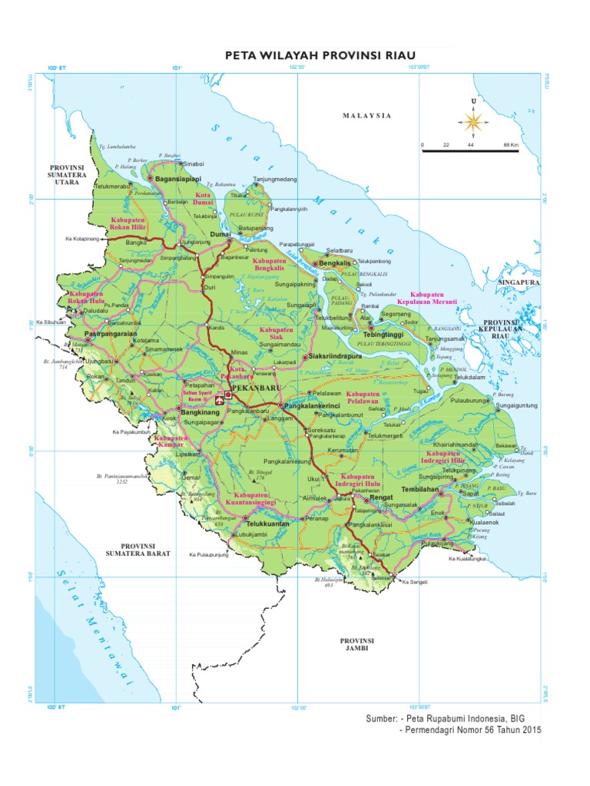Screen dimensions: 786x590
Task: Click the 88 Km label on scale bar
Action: (510, 144)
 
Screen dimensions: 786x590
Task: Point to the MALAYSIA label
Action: (367, 115)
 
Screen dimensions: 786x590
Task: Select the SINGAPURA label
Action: (521, 282)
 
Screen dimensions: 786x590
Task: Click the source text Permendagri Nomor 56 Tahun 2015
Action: (471, 730)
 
